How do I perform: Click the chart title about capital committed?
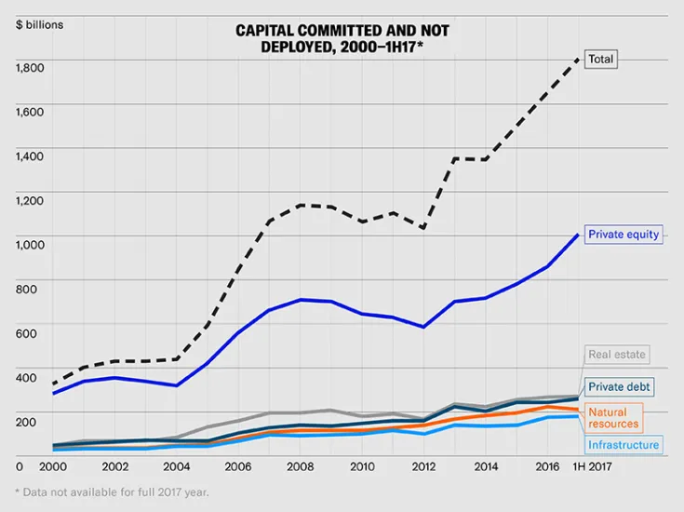(x=342, y=37)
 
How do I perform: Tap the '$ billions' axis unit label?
(x=39, y=24)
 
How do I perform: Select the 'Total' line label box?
(x=601, y=59)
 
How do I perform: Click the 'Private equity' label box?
(x=623, y=234)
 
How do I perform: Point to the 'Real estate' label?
(x=616, y=355)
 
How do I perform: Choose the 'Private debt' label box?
(x=620, y=385)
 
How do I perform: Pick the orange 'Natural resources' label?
(x=613, y=418)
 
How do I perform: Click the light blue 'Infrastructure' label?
(x=624, y=445)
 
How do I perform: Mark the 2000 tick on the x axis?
(x=54, y=465)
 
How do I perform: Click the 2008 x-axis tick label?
(x=301, y=465)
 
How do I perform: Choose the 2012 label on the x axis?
(x=423, y=465)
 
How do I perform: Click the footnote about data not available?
(x=111, y=492)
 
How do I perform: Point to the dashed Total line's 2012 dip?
(x=423, y=228)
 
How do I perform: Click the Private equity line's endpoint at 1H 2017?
(x=578, y=235)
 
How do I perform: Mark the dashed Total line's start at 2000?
(x=54, y=384)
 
